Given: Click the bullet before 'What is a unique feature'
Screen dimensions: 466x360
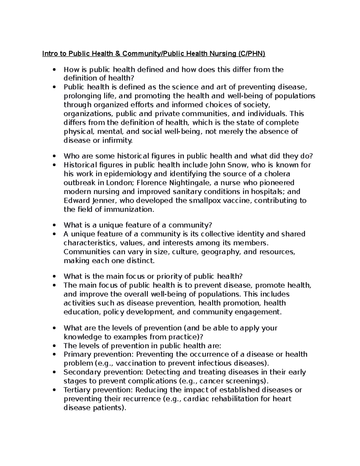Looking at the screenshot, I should coord(54,225).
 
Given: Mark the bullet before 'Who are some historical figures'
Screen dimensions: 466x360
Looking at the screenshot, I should coord(54,156).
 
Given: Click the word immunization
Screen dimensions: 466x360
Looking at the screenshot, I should coord(129,209).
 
